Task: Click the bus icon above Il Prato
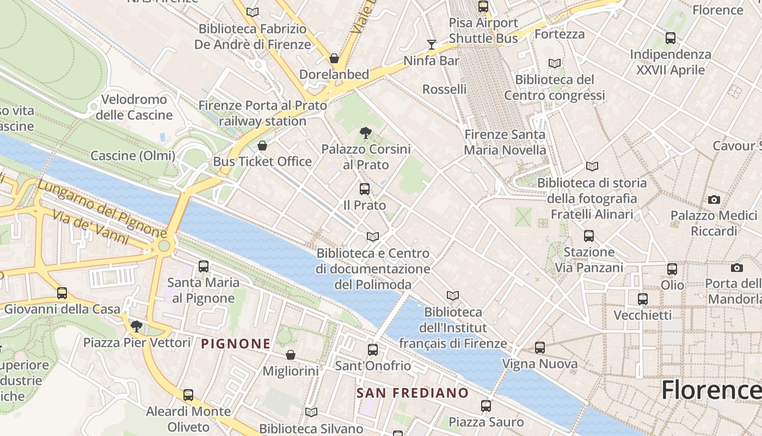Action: point(365,189)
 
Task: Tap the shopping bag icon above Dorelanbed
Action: point(334,58)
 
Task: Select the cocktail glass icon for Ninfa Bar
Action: point(432,44)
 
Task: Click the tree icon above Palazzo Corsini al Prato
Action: point(366,132)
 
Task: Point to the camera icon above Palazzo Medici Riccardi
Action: point(714,199)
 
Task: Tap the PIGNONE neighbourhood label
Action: point(236,344)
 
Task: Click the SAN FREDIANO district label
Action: point(412,393)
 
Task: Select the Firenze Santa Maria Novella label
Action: point(505,142)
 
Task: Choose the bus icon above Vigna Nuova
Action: point(540,347)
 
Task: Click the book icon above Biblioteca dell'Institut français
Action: point(453,295)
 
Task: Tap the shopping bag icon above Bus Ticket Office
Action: point(262,146)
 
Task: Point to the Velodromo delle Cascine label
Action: point(134,107)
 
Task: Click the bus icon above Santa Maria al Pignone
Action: point(204,267)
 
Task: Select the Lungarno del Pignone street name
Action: point(102,208)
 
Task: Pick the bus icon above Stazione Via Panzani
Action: point(589,236)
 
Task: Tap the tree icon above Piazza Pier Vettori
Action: point(137,326)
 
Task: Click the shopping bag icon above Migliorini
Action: point(291,355)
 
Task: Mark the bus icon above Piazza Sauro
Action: point(486,406)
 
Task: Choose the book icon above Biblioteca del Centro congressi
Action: point(555,64)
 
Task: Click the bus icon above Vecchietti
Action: point(643,299)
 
